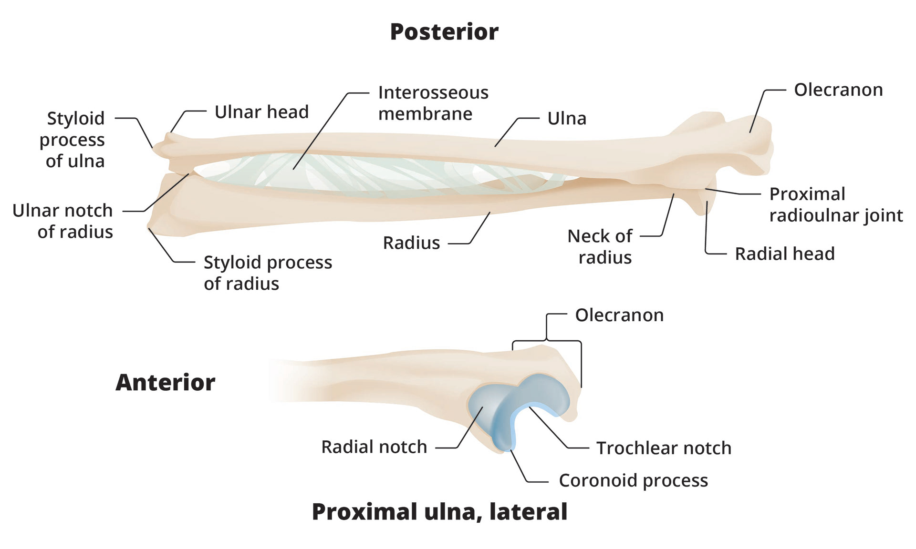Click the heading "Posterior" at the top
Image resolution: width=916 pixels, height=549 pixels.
444,32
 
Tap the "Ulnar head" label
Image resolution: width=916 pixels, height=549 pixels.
261,112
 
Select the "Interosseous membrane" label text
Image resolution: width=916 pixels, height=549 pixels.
433,103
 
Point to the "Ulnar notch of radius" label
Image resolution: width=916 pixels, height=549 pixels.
62,221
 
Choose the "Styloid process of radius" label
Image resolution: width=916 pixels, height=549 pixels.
268,273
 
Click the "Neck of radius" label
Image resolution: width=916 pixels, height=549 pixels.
600,246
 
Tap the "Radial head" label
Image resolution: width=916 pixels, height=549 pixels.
785,254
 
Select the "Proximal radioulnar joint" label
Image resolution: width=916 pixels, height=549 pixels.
836,205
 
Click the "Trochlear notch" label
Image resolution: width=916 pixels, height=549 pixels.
664,448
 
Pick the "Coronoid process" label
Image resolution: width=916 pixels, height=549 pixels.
633,481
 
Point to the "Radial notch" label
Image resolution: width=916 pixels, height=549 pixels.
374,447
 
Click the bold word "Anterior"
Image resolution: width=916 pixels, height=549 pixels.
165,382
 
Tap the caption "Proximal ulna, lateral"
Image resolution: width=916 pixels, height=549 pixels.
439,512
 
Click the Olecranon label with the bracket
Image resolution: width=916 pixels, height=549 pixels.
619,315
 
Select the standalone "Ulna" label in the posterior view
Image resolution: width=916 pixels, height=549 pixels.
567,118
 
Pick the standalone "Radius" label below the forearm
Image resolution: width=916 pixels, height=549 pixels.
411,243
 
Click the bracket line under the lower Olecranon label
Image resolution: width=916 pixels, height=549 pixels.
547,341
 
